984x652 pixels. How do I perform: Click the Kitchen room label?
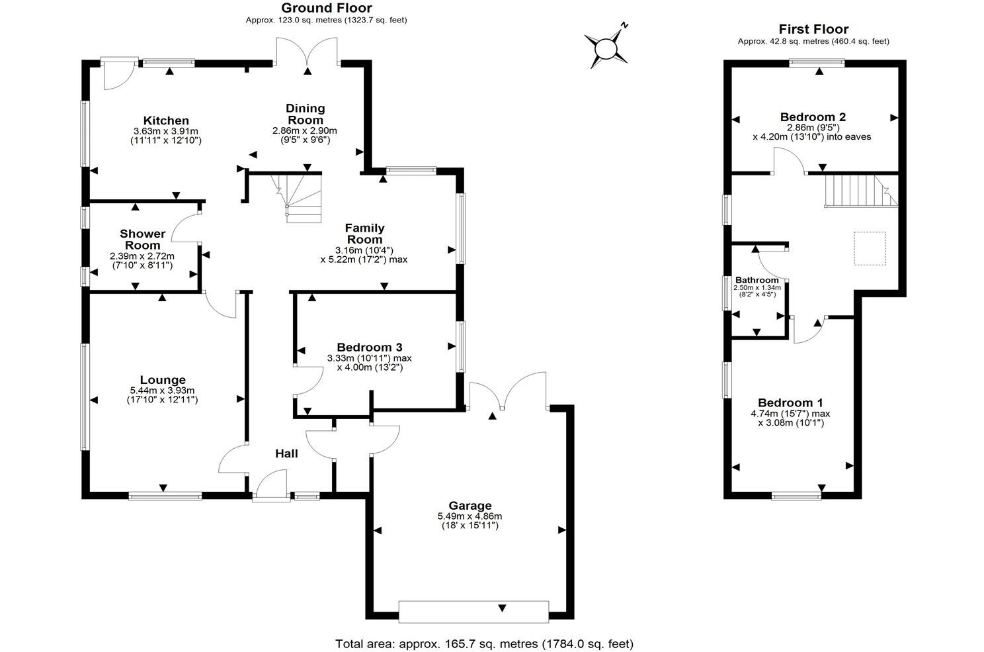[166, 120]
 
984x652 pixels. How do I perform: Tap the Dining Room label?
[305, 114]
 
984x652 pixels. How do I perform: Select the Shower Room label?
[143, 239]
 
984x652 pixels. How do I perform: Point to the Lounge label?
[162, 380]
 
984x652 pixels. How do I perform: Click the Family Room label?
[364, 234]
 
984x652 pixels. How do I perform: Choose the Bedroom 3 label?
[369, 348]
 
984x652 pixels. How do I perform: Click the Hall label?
[286, 453]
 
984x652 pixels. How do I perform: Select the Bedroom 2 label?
[813, 117]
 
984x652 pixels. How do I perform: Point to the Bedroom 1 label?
[790, 402]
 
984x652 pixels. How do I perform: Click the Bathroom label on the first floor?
[757, 280]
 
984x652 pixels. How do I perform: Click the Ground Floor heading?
[326, 8]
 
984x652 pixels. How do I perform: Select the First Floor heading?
[813, 29]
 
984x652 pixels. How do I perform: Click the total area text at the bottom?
[484, 643]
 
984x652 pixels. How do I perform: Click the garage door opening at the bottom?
[473, 611]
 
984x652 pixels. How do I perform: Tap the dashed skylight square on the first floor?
[870, 248]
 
